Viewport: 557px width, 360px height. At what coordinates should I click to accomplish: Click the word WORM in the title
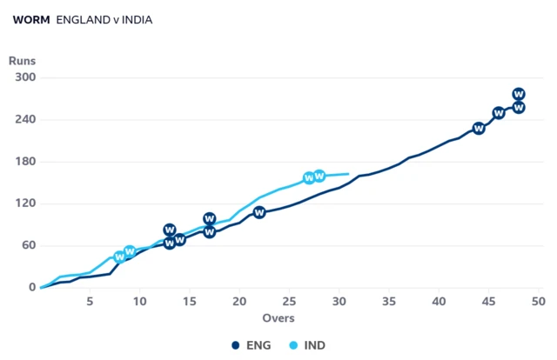pyautogui.click(x=31, y=20)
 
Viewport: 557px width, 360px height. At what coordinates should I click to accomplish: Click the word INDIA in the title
pyautogui.click(x=138, y=20)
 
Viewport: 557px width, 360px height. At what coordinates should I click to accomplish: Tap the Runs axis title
pyautogui.click(x=22, y=61)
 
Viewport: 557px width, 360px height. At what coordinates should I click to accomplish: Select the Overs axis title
pyautogui.click(x=278, y=318)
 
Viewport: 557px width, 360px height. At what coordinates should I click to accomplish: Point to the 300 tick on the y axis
pyautogui.click(x=25, y=77)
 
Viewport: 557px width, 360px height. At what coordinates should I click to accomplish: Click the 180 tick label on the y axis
pyautogui.click(x=25, y=162)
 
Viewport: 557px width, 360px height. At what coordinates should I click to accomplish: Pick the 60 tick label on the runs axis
pyautogui.click(x=29, y=245)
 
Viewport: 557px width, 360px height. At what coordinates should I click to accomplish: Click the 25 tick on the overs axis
pyautogui.click(x=289, y=302)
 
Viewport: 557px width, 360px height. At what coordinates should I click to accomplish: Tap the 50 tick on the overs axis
pyautogui.click(x=539, y=302)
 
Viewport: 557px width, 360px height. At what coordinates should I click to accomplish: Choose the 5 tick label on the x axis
pyautogui.click(x=90, y=302)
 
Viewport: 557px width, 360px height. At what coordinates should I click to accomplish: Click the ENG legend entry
pyautogui.click(x=252, y=345)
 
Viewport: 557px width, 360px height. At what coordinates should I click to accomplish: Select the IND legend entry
pyautogui.click(x=307, y=345)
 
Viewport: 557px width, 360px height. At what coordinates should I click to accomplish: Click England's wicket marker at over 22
pyautogui.click(x=259, y=212)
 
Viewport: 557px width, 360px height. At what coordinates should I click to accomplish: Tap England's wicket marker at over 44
pyautogui.click(x=479, y=128)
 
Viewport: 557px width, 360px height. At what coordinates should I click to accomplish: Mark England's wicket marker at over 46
pyautogui.click(x=499, y=113)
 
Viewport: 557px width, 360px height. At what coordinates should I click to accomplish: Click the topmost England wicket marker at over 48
pyautogui.click(x=519, y=94)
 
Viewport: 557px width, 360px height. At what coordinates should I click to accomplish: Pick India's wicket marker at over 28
pyautogui.click(x=319, y=176)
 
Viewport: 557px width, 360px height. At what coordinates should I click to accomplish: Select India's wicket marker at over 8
pyautogui.click(x=120, y=257)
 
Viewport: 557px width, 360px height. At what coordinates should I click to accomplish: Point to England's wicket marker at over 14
pyautogui.click(x=180, y=240)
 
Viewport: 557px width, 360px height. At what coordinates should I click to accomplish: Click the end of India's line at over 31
pyautogui.click(x=348, y=174)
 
